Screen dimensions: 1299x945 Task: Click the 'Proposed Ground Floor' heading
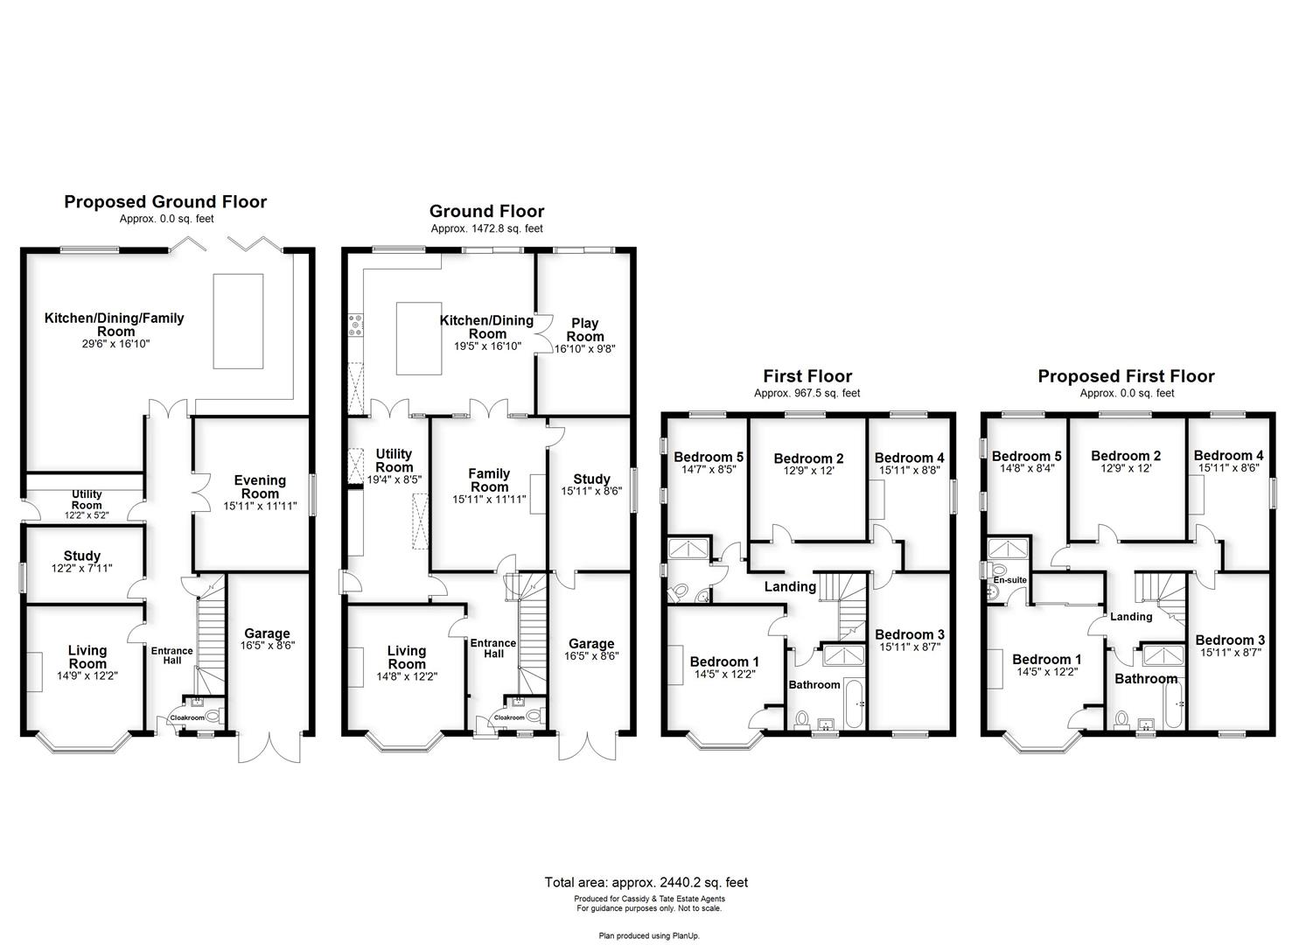point(165,202)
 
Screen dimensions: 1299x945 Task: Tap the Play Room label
point(585,330)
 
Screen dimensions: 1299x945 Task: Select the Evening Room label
point(260,486)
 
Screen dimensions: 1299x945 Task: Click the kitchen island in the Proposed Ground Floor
point(238,321)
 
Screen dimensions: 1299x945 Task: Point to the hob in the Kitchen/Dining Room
point(355,325)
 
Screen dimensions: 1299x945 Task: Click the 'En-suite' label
point(1009,579)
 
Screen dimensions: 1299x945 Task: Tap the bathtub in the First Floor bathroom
point(855,703)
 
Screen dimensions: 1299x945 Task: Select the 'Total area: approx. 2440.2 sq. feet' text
point(646,882)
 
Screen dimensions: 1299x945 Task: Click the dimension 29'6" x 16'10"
point(116,344)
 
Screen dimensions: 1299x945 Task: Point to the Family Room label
point(489,480)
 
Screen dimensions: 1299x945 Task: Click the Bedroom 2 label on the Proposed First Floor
point(1126,456)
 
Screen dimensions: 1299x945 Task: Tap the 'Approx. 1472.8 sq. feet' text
point(486,228)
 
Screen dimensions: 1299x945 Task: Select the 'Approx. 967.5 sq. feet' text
point(807,394)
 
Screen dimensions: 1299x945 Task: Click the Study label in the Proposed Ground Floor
point(81,556)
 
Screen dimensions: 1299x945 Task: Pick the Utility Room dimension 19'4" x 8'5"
point(395,479)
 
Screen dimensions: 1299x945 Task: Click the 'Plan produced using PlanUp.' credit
point(649,935)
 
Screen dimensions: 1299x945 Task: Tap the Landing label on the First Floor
point(790,586)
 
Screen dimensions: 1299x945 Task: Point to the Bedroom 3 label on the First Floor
point(910,634)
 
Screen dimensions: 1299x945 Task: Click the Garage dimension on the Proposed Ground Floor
point(268,645)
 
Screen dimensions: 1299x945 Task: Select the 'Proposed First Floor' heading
point(1126,376)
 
